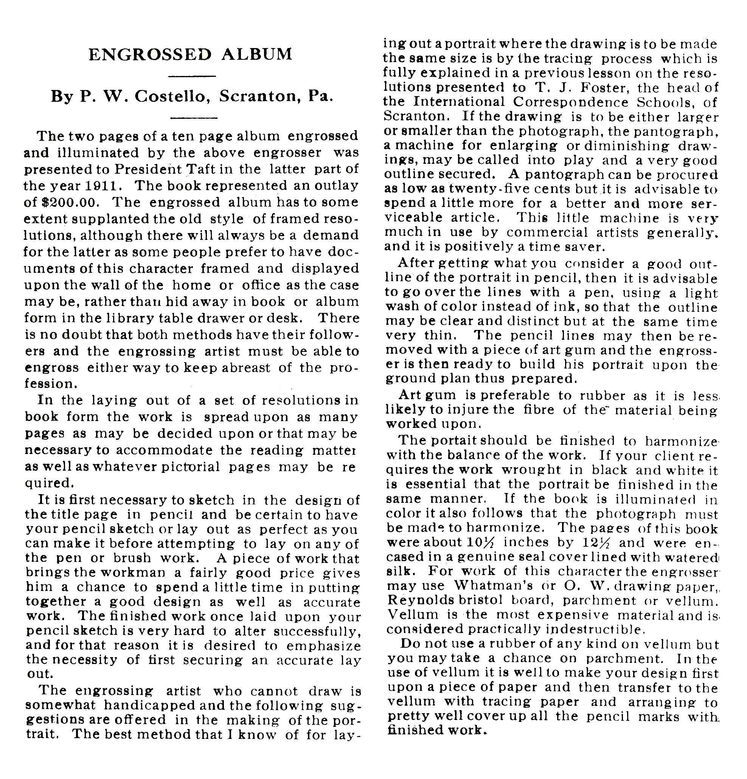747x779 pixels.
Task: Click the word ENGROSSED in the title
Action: tap(150, 55)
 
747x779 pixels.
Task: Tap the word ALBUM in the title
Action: tap(257, 55)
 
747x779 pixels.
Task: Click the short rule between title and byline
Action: tap(192, 76)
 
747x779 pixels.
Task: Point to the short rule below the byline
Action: tap(194, 118)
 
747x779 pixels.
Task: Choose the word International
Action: tap(459, 102)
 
